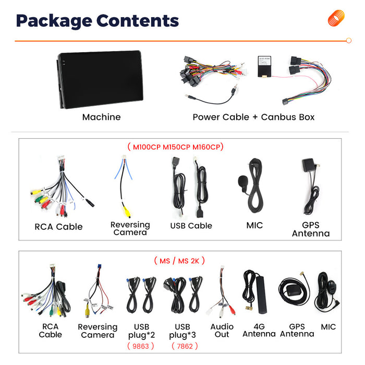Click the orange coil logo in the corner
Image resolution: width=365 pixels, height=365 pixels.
[x=336, y=18]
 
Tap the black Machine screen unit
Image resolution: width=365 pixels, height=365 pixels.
[x=100, y=79]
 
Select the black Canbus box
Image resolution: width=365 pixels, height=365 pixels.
[x=264, y=66]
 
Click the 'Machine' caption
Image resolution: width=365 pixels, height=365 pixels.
[x=102, y=117]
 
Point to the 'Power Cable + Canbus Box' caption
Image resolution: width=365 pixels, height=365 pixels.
[x=253, y=117]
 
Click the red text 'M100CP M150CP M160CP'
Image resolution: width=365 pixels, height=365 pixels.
[x=176, y=147]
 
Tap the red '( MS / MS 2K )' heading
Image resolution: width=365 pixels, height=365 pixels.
[x=179, y=261]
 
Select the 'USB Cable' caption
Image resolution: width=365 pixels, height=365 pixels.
[x=191, y=226]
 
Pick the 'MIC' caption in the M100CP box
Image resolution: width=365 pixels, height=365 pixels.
[x=254, y=225]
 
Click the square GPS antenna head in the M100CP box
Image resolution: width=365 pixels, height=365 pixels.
[x=309, y=165]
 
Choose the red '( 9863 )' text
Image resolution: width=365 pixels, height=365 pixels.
[x=141, y=346]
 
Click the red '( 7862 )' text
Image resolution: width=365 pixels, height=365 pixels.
[x=185, y=346]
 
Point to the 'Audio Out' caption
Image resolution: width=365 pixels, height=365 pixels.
[x=222, y=330]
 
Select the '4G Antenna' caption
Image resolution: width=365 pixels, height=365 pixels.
[x=259, y=330]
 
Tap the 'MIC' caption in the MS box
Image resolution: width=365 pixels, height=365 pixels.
[x=328, y=327]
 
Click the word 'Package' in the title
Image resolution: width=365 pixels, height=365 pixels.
[x=54, y=21]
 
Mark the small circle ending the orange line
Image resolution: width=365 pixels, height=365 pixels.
[x=349, y=41]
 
